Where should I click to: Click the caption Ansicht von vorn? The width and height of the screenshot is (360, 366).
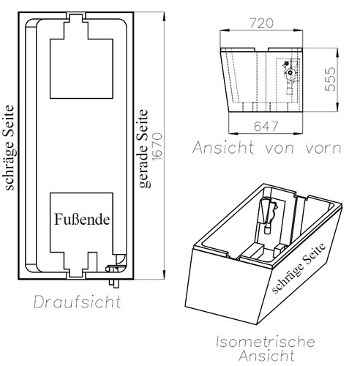pos(266,148)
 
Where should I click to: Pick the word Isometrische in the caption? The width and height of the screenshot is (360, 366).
pos(266,341)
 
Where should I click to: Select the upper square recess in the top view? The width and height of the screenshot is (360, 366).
pos(82,68)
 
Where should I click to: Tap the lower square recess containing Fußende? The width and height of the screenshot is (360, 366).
pos(82,223)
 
